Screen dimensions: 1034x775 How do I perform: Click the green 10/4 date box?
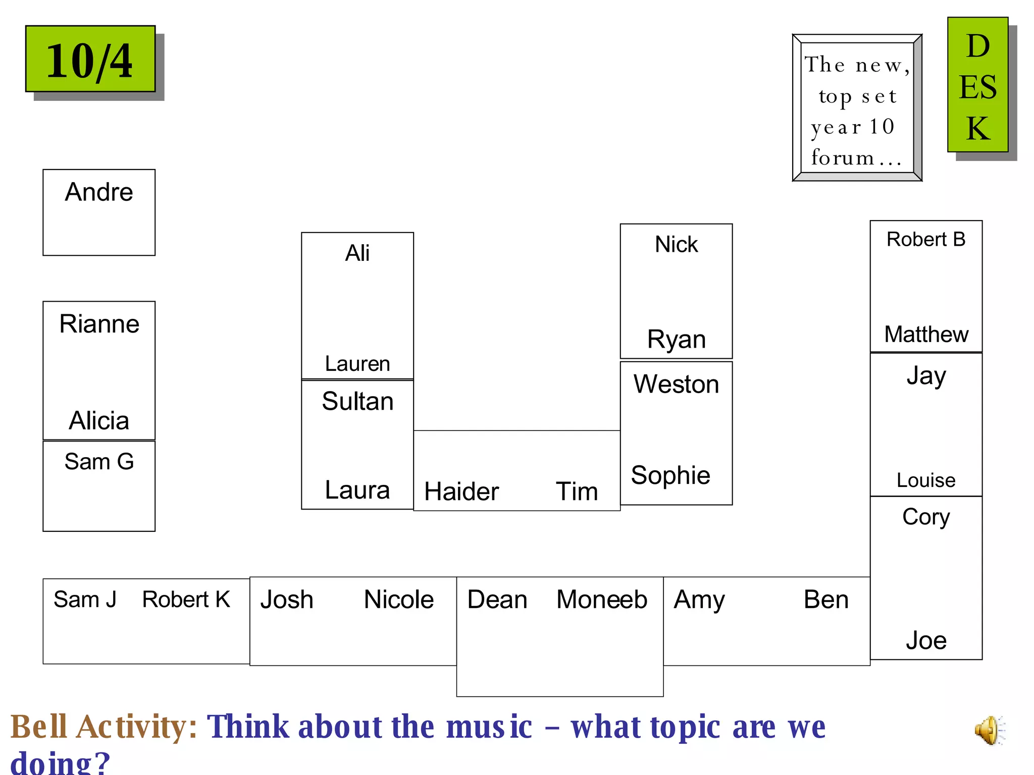point(90,59)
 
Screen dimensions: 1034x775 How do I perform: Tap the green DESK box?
point(977,85)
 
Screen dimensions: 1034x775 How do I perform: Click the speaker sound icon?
point(990,730)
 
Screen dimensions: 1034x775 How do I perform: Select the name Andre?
point(99,192)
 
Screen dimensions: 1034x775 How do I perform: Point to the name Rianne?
point(99,324)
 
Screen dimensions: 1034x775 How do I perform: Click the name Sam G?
point(99,462)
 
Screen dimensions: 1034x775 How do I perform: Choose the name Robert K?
point(186,599)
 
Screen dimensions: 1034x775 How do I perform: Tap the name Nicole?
point(398,600)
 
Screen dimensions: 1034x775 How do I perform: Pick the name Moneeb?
point(601,600)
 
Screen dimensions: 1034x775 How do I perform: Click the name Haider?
point(461,491)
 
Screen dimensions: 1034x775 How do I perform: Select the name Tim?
point(577,491)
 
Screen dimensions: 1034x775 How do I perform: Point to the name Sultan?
point(357,402)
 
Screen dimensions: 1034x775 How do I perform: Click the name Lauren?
point(357,364)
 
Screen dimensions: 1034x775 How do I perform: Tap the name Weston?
point(676,384)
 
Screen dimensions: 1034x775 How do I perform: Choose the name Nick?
point(676,245)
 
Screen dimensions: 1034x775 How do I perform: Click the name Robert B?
point(925,240)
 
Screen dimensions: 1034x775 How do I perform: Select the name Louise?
point(925,480)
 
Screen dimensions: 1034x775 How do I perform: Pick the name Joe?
point(925,641)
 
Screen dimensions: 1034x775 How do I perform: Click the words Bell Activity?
point(104,727)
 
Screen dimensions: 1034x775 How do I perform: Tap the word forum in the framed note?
point(842,158)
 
